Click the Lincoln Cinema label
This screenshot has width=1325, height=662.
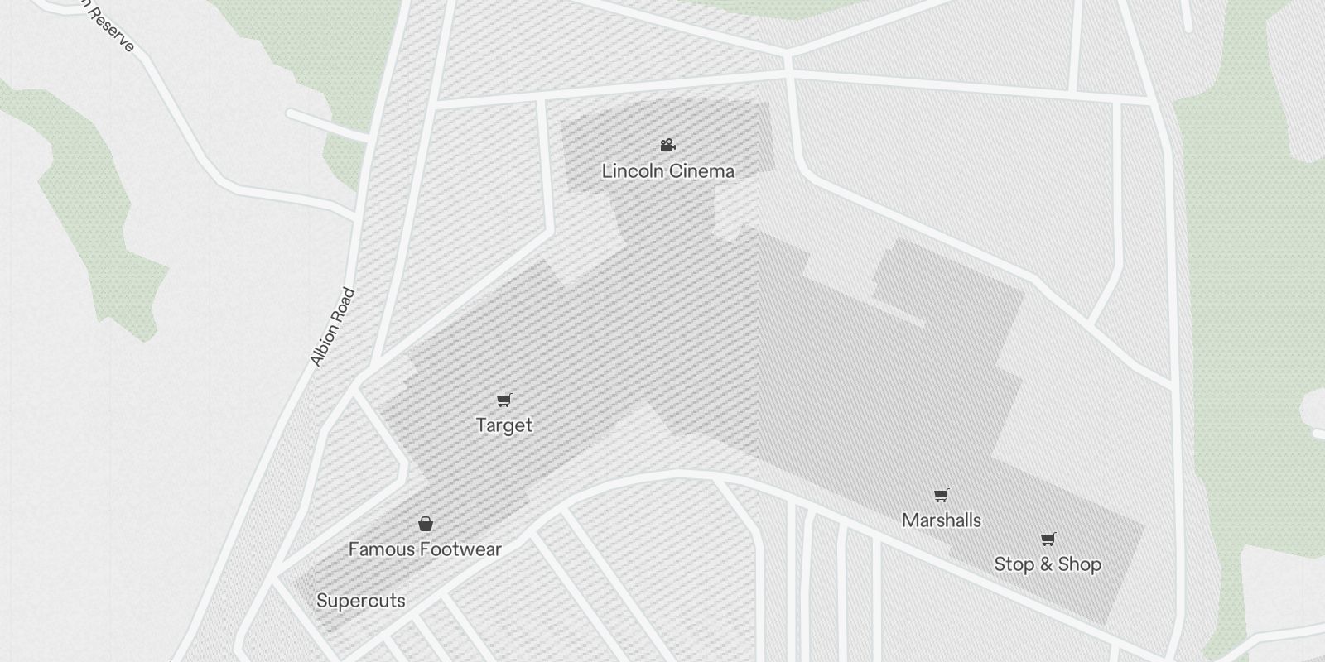667,171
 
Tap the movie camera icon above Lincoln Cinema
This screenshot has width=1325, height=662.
667,146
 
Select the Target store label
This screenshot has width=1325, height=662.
503,425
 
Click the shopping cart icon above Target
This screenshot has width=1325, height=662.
503,401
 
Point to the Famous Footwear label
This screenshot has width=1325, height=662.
425,549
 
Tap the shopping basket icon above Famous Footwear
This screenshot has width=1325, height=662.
426,524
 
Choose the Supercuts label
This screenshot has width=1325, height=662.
361,601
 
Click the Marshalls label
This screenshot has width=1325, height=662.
942,520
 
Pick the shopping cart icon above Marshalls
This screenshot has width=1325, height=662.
941,496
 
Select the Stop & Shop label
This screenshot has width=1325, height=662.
1048,564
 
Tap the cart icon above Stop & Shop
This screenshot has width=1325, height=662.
1048,540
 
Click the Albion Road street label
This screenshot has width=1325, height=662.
332,327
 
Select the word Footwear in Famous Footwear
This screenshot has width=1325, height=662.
460,549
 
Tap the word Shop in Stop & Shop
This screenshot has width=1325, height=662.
1080,564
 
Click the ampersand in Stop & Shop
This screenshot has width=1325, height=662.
1046,564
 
